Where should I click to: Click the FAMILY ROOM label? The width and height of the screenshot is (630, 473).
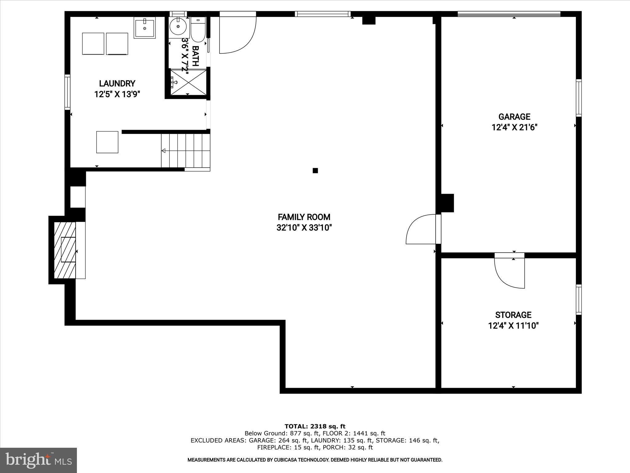304,217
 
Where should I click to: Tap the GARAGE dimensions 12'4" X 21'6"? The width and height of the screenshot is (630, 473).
514,127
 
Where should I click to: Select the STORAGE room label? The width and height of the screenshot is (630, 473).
513,315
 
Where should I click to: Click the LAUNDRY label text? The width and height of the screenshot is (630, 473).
117,83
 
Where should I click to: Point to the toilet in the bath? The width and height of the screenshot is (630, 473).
197,30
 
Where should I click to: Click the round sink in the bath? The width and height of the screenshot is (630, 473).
178,27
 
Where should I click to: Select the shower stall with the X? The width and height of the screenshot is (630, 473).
188,82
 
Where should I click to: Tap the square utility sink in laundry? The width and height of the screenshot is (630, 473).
145,28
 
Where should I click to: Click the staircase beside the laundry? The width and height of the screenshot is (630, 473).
185,151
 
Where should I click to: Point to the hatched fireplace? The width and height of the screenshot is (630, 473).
65,250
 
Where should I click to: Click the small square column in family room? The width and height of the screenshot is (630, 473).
315,171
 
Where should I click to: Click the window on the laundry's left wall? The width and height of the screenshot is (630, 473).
67,92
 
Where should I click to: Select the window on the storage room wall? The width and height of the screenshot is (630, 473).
579,300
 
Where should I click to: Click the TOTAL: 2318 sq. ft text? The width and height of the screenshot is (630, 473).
315,427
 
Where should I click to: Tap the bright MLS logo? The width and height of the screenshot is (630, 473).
38,460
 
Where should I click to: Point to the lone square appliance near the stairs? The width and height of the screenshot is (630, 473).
107,142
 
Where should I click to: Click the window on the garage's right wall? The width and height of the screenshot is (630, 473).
579,98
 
